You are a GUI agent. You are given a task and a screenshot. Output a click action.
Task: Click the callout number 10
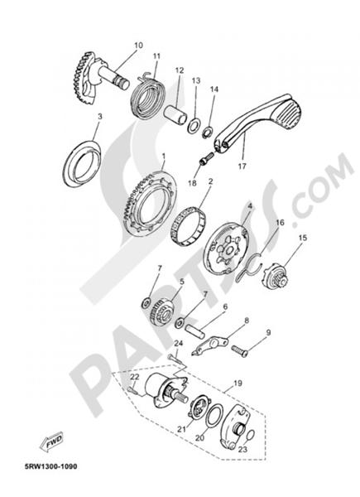click(137, 45)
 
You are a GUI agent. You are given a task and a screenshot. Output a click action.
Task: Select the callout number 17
click(243, 166)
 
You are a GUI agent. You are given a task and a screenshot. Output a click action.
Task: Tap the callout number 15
click(302, 238)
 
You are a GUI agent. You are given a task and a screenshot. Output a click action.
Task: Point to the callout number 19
click(238, 384)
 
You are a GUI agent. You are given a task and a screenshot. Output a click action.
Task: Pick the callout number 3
click(99, 118)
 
